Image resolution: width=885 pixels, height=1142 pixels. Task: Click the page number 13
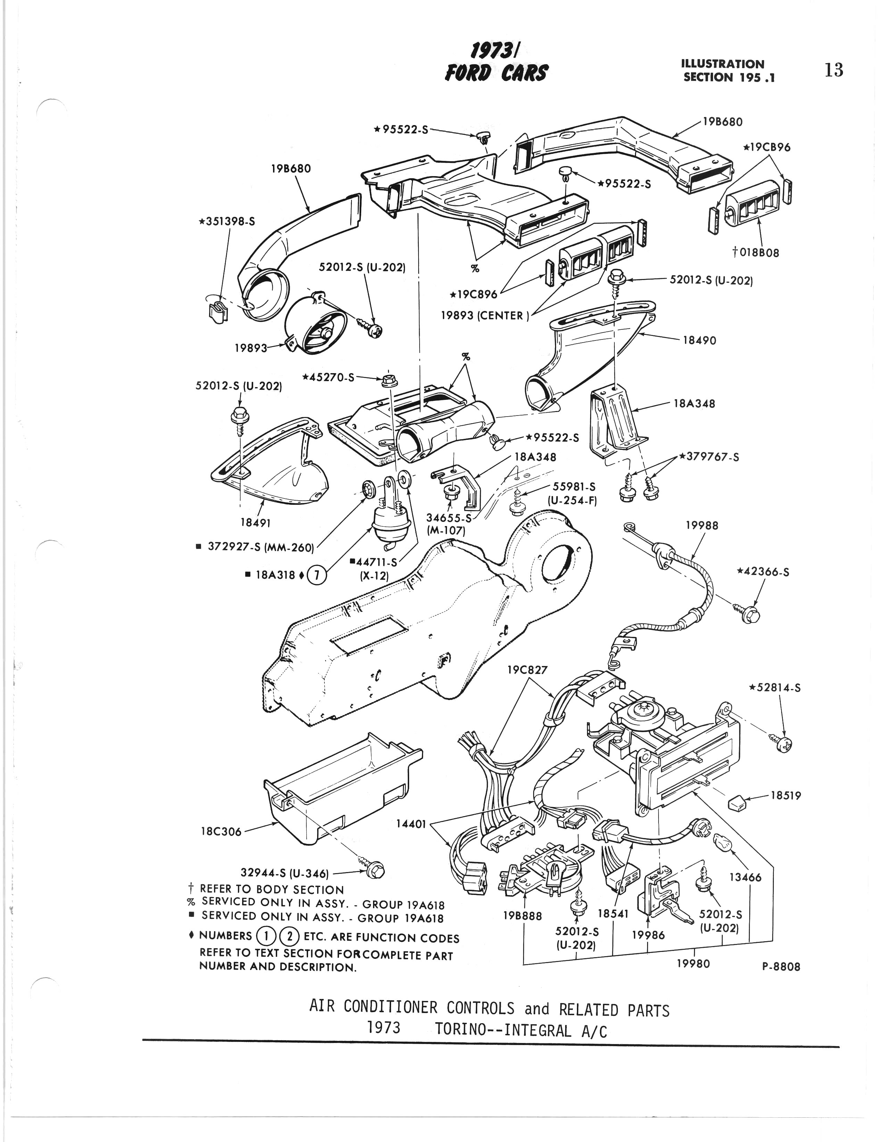834,70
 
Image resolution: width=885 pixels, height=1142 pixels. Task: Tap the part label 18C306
221,831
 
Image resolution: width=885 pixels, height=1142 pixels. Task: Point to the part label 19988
702,526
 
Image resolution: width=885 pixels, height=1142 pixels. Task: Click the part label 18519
786,796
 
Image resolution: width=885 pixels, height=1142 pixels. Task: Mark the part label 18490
700,340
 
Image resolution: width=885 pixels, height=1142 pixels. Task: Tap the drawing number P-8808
781,967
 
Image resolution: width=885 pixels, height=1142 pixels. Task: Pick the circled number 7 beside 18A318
317,576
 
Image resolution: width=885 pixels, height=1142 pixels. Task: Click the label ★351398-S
227,221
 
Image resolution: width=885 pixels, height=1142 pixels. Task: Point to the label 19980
693,963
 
